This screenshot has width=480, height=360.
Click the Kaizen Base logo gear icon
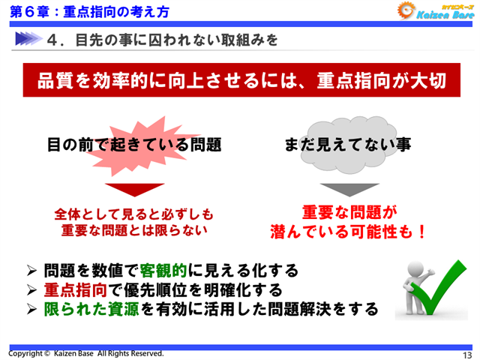pyautogui.click(x=408, y=12)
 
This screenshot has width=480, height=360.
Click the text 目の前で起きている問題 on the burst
pyautogui.click(x=134, y=145)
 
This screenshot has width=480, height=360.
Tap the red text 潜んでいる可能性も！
pyautogui.click(x=349, y=232)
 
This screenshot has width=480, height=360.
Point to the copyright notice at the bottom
pyautogui.click(x=85, y=353)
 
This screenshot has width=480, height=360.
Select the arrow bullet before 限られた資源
pyautogui.click(x=31, y=309)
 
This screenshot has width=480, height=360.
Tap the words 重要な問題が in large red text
pyautogui.click(x=348, y=212)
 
